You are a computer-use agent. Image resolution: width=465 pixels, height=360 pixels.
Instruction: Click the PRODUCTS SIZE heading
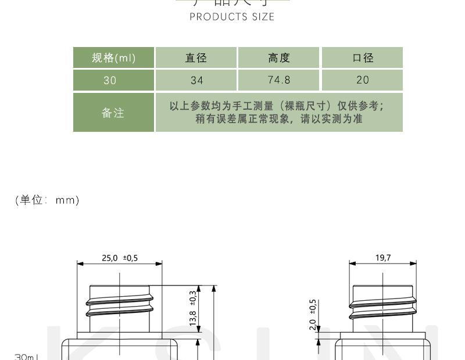pos(232,16)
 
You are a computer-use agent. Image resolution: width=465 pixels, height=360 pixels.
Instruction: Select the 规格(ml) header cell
pos(114,57)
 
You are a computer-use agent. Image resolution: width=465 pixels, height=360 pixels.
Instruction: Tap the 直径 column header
pos(196,57)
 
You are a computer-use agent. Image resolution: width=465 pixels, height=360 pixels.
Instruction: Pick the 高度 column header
pos(279,57)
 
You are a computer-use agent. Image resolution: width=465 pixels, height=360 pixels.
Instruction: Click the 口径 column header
pos(362,57)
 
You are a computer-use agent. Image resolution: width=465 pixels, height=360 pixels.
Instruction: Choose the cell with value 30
pos(110,81)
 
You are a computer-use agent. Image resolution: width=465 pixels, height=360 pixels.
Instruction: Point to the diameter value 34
pos(196,81)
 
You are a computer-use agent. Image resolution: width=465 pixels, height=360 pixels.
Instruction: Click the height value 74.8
pos(279,81)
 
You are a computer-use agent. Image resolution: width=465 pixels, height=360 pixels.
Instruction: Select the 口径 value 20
pos(362,81)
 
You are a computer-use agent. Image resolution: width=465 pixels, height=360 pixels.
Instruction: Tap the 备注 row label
pos(113,113)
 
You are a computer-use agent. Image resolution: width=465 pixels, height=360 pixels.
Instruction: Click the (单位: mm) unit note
pos(47,200)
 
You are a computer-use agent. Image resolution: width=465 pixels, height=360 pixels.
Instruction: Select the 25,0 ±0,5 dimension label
pos(120,258)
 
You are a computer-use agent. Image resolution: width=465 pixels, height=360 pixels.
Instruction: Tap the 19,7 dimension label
pos(383,258)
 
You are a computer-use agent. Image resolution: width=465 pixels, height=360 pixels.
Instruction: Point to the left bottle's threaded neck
pos(120,308)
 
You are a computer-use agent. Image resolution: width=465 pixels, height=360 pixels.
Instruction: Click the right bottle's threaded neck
pos(383,308)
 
